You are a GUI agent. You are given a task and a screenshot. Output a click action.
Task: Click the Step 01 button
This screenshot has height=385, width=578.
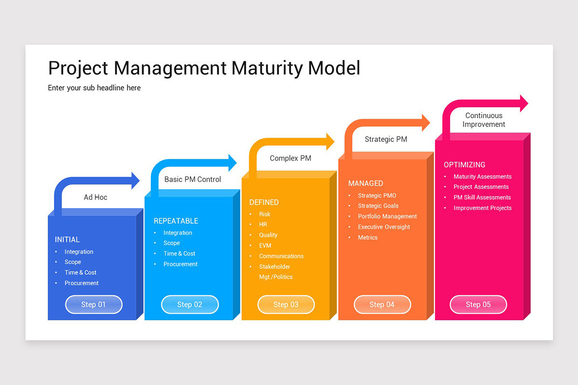(x=93, y=304)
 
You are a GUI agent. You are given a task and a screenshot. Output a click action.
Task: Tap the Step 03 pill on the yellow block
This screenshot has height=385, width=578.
(x=286, y=304)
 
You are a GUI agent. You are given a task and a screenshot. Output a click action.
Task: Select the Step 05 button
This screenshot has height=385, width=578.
(x=478, y=304)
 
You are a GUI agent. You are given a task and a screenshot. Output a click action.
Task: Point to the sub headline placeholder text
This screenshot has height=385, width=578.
(x=94, y=88)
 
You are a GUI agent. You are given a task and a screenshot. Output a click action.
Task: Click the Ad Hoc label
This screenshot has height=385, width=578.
(x=95, y=197)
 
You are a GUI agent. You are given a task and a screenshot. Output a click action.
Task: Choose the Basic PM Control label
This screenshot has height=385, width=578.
(x=193, y=179)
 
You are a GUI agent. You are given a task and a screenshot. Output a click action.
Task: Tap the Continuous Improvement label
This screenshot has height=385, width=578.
(x=484, y=120)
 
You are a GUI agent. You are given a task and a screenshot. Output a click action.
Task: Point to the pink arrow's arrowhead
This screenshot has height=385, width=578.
(x=524, y=103)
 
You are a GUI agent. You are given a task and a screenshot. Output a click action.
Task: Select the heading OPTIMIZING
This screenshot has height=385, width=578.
(x=464, y=165)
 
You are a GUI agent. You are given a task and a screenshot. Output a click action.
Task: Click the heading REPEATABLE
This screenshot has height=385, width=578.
(x=176, y=221)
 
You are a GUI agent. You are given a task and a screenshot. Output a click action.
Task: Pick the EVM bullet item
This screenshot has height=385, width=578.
(x=265, y=245)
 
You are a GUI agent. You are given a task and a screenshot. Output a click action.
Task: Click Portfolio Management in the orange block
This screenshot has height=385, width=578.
(x=387, y=217)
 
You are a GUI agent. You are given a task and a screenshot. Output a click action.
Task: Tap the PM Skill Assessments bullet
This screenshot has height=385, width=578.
(x=482, y=197)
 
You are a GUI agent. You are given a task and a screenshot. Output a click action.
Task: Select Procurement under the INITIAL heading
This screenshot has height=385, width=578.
(x=81, y=283)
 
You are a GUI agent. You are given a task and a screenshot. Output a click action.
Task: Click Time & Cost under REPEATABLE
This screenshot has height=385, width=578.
(x=179, y=254)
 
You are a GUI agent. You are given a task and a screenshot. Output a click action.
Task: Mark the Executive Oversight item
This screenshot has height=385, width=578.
(x=384, y=227)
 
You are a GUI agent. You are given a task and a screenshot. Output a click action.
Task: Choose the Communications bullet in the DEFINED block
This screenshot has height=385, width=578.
(x=281, y=256)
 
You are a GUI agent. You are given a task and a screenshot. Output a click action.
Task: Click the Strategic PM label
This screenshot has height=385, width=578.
(x=386, y=139)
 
